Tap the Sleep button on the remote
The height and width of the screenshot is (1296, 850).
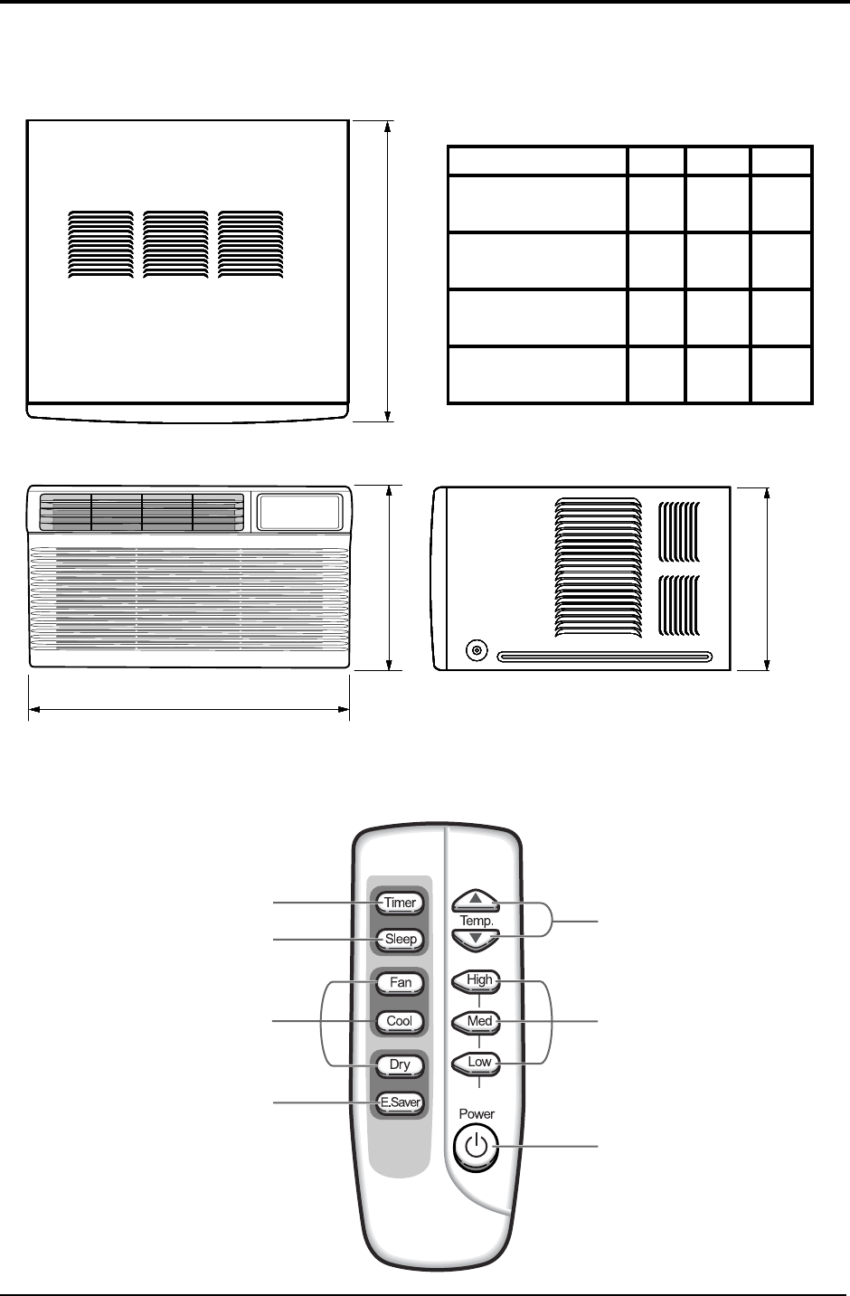pos(401,940)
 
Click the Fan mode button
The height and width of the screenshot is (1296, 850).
pos(400,982)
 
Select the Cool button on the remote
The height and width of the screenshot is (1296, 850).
pos(400,1021)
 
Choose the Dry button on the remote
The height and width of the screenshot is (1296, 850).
pos(400,1064)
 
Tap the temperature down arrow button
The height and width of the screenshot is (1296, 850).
pos(476,939)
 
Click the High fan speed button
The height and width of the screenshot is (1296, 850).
pos(477,980)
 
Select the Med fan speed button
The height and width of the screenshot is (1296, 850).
pos(477,1021)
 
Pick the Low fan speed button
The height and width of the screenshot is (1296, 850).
pos(477,1063)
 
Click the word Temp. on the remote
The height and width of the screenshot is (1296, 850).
pos(476,920)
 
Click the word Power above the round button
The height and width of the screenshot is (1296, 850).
pos(477,1114)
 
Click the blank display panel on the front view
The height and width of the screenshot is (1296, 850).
pos(300,512)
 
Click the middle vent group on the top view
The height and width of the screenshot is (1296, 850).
pos(175,244)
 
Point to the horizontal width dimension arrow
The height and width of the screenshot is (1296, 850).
pos(189,710)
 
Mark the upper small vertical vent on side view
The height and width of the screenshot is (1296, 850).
pos(678,532)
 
